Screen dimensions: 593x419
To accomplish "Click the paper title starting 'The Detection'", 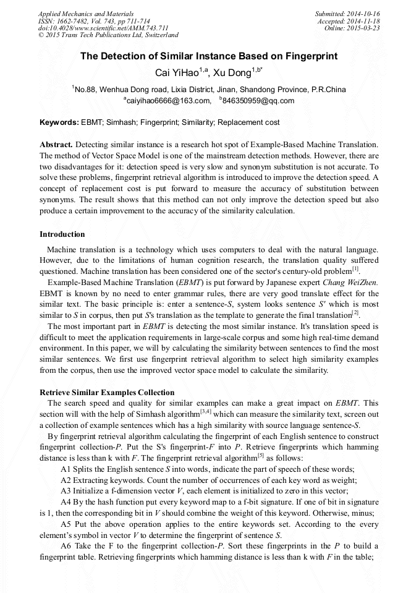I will point(209,56).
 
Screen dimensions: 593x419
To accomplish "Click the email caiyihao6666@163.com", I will point(167,101).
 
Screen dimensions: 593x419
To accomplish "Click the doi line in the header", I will point(95,28).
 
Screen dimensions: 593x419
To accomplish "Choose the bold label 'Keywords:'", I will point(59,122).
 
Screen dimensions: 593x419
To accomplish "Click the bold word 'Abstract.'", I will point(56,143).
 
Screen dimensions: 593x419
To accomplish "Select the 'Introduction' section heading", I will point(62,234).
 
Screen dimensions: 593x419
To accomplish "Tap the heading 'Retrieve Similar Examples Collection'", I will point(107,393).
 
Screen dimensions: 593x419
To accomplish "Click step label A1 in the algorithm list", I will point(66,469).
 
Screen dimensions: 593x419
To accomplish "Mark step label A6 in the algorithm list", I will point(66,546).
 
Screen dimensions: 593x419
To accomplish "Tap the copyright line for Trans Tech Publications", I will point(108,35).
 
